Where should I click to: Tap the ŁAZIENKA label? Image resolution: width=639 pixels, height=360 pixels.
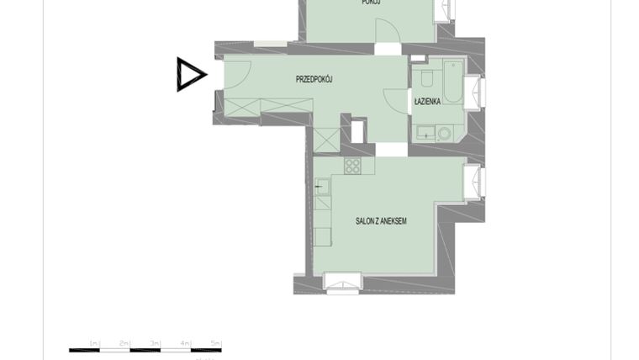pos(427,101)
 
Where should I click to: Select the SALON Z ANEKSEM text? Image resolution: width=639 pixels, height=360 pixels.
pos(381,221)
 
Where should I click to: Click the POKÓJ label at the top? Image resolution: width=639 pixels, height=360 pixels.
pos(371,3)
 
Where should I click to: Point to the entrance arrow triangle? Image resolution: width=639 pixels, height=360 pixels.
pos(190,74)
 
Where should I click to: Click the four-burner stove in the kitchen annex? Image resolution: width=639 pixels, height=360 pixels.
pos(353,166)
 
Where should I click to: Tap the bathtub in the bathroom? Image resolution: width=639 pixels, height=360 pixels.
pos(453,80)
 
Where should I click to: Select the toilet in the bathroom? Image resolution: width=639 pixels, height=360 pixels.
pos(426,78)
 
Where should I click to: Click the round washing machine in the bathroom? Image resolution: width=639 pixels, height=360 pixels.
pos(444,133)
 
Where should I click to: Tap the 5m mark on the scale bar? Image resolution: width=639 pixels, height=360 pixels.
pos(215,343)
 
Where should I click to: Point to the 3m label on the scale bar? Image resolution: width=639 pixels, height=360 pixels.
pos(156,343)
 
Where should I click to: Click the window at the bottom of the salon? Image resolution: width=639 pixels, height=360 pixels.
pos(342,282)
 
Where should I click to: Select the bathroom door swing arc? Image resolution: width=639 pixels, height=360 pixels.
pos(396,98)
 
